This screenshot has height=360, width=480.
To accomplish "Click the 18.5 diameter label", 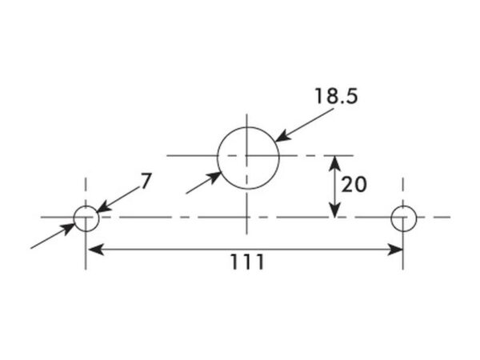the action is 336,96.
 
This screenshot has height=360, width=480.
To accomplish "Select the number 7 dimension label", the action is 146,181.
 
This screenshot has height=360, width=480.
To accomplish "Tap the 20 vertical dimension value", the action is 354,185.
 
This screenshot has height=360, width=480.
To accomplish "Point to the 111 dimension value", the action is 247,262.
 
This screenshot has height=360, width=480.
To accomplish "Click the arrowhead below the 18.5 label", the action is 282,136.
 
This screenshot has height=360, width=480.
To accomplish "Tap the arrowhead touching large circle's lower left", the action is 214,178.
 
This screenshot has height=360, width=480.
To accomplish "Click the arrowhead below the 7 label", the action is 104,206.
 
